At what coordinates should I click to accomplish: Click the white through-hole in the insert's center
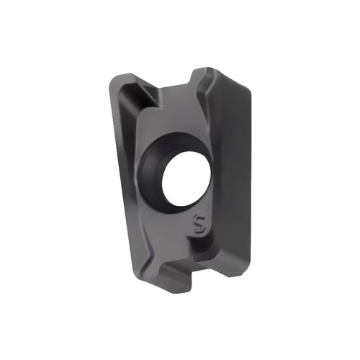tap(186, 179)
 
